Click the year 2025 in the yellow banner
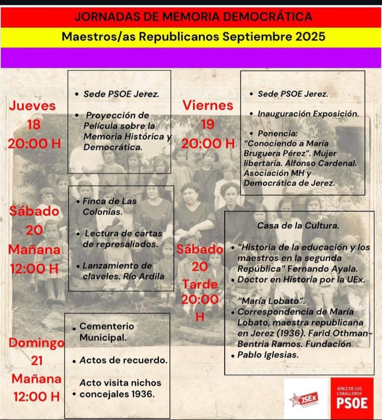[310, 37]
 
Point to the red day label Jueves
[32, 106]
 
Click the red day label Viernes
[208, 105]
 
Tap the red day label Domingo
[37, 343]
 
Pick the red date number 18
[34, 125]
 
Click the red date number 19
[208, 124]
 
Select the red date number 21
[37, 361]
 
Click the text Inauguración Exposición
[308, 114]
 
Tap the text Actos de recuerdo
[123, 360]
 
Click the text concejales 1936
[117, 394]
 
